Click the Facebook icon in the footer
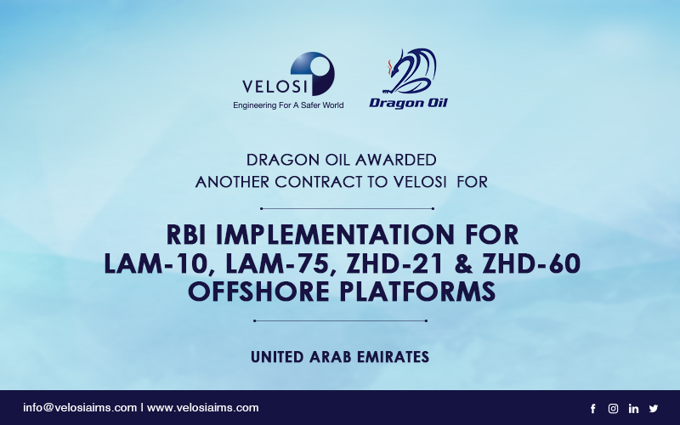point(592,409)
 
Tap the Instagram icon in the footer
point(613,409)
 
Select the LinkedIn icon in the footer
point(633,409)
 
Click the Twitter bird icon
point(654,409)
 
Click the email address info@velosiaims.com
point(80,408)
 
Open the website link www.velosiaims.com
point(203,408)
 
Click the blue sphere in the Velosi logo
point(313,73)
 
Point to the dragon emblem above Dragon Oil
point(410,71)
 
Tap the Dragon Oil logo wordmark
point(408,103)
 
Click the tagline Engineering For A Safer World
point(288,105)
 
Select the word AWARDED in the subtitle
point(395,160)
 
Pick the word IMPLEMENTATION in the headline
point(335,235)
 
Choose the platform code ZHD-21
point(395,263)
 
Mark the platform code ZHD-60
point(532,263)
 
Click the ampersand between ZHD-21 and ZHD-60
point(463,263)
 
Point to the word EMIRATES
point(393,357)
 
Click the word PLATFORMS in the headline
point(417,292)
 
